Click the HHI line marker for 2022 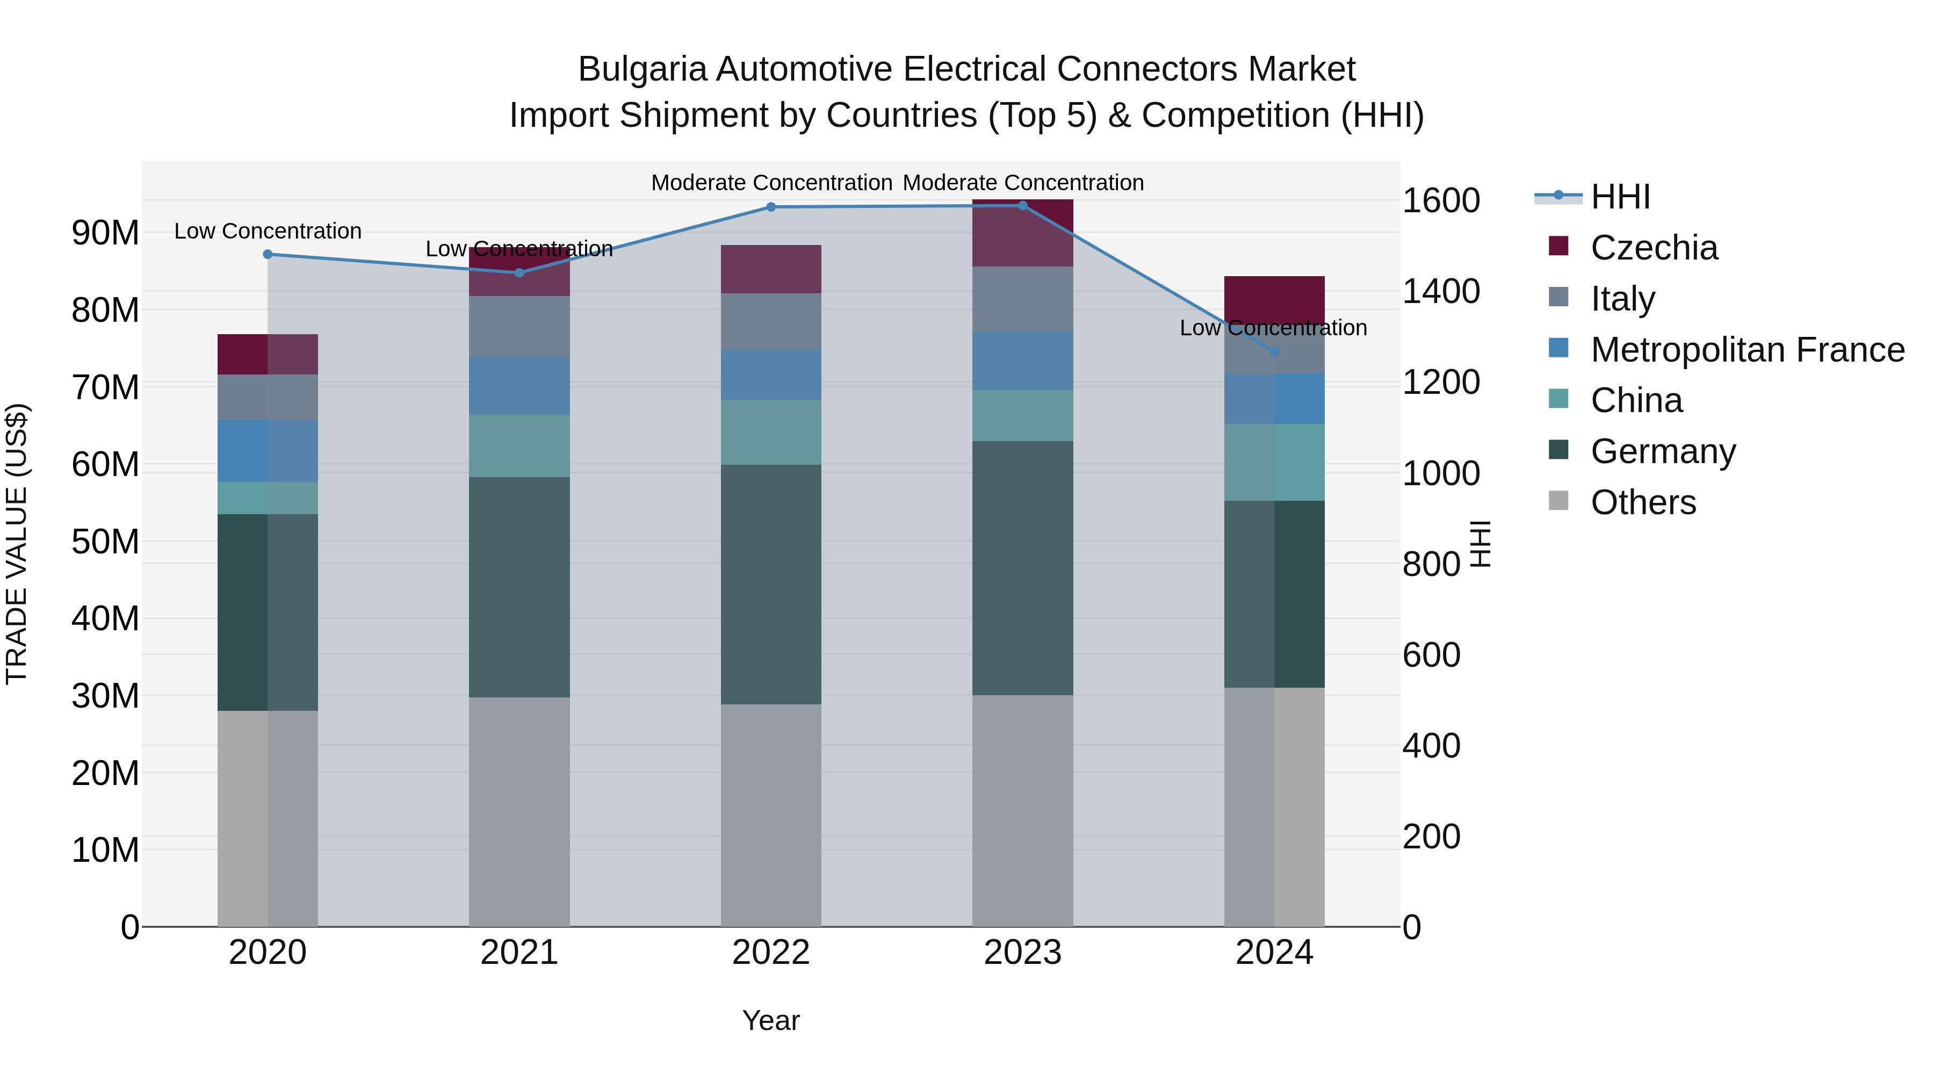pyautogui.click(x=770, y=207)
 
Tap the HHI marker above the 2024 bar pyautogui.click(x=1274, y=352)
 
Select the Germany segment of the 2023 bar pyautogui.click(x=1022, y=568)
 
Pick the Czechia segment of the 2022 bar pyautogui.click(x=770, y=269)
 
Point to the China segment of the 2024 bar pyautogui.click(x=1274, y=463)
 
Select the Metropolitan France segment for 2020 pyautogui.click(x=268, y=451)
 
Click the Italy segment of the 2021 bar pyautogui.click(x=519, y=327)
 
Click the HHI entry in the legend pyautogui.click(x=1620, y=197)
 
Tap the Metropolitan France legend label pyautogui.click(x=1747, y=350)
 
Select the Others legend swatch pyautogui.click(x=1558, y=501)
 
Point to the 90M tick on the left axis pyautogui.click(x=105, y=233)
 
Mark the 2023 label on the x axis pyautogui.click(x=1022, y=953)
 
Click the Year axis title pyautogui.click(x=770, y=1020)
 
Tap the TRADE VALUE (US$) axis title pyautogui.click(x=17, y=544)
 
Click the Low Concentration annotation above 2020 pyautogui.click(x=268, y=231)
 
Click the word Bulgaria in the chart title pyautogui.click(x=642, y=69)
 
